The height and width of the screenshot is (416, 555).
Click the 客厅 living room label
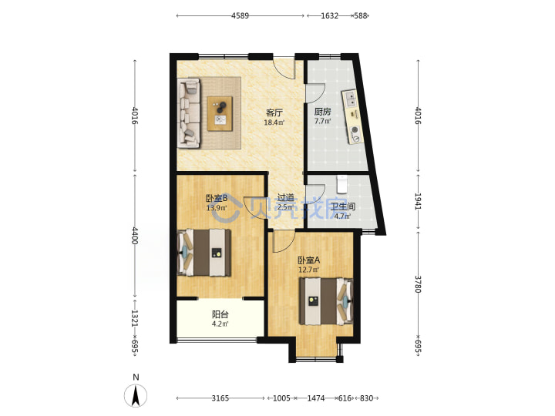click(274, 112)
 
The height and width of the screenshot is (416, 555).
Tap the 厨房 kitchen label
click(323, 112)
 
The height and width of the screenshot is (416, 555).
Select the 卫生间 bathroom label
click(343, 206)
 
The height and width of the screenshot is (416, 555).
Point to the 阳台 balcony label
click(220, 314)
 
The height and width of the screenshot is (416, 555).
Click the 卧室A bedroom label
click(308, 260)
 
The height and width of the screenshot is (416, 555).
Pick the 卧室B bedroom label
click(217, 198)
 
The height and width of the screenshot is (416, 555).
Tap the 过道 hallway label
click(285, 197)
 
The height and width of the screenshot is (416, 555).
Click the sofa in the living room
click(189, 113)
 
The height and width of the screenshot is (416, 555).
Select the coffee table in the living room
click(220, 113)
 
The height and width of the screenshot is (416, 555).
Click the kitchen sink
click(350, 99)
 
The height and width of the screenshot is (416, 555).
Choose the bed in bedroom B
click(203, 253)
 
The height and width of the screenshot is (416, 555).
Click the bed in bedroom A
click(326, 301)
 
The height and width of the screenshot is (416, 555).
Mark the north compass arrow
click(136, 395)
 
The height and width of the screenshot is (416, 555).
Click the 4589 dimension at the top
click(240, 15)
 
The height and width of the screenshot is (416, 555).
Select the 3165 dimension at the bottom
click(220, 398)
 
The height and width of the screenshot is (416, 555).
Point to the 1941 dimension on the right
click(418, 201)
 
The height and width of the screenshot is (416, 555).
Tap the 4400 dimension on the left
click(135, 236)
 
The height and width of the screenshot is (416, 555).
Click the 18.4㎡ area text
click(274, 122)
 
